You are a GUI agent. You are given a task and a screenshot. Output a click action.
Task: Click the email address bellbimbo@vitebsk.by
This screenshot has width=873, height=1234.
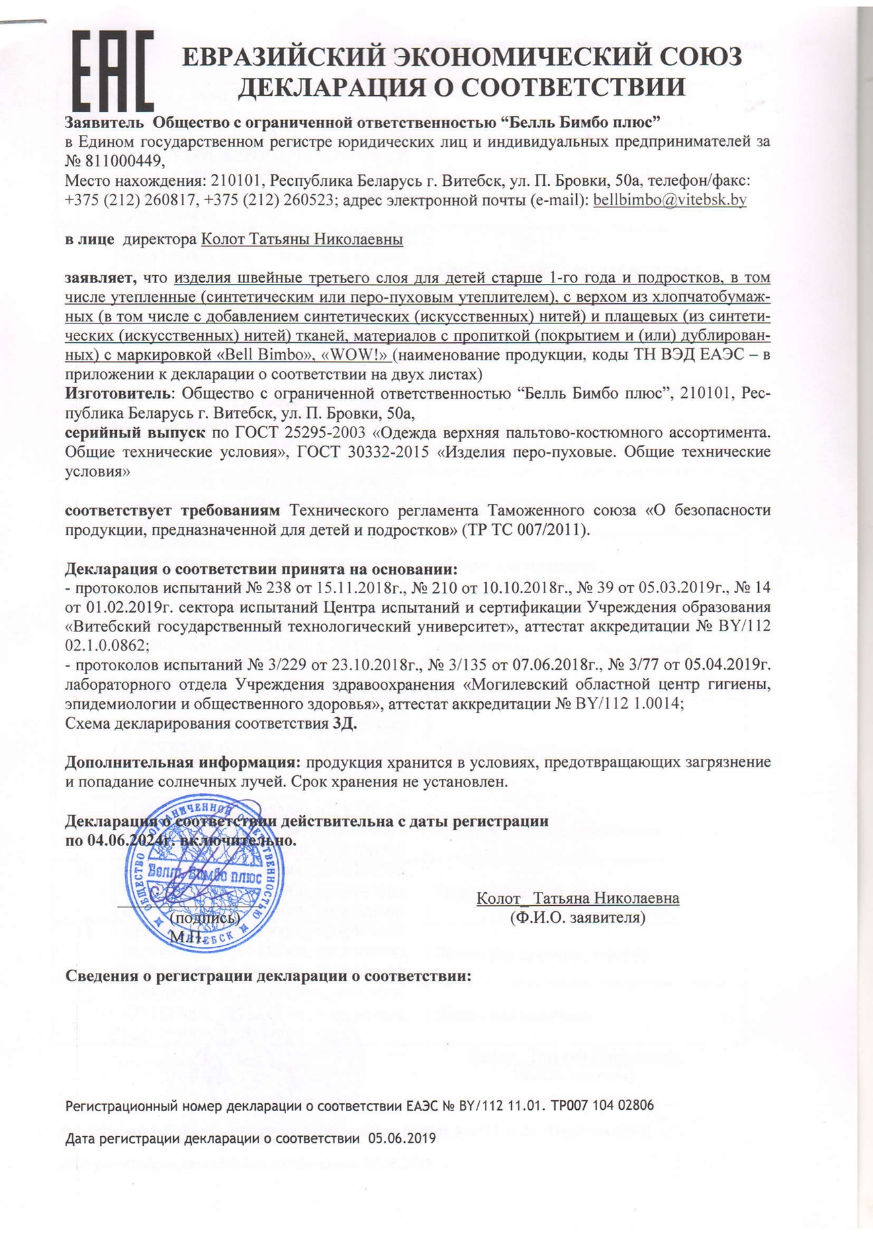pos(670,199)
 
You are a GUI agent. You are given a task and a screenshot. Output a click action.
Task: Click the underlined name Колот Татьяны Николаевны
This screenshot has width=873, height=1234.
pos(302,240)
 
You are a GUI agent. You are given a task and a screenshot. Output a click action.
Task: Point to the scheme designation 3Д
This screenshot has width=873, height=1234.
pos(344,723)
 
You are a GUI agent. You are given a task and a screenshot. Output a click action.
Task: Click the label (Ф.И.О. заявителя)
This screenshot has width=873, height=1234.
pos(578,917)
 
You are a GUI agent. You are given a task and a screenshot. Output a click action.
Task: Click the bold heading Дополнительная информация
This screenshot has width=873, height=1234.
pos(182,762)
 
